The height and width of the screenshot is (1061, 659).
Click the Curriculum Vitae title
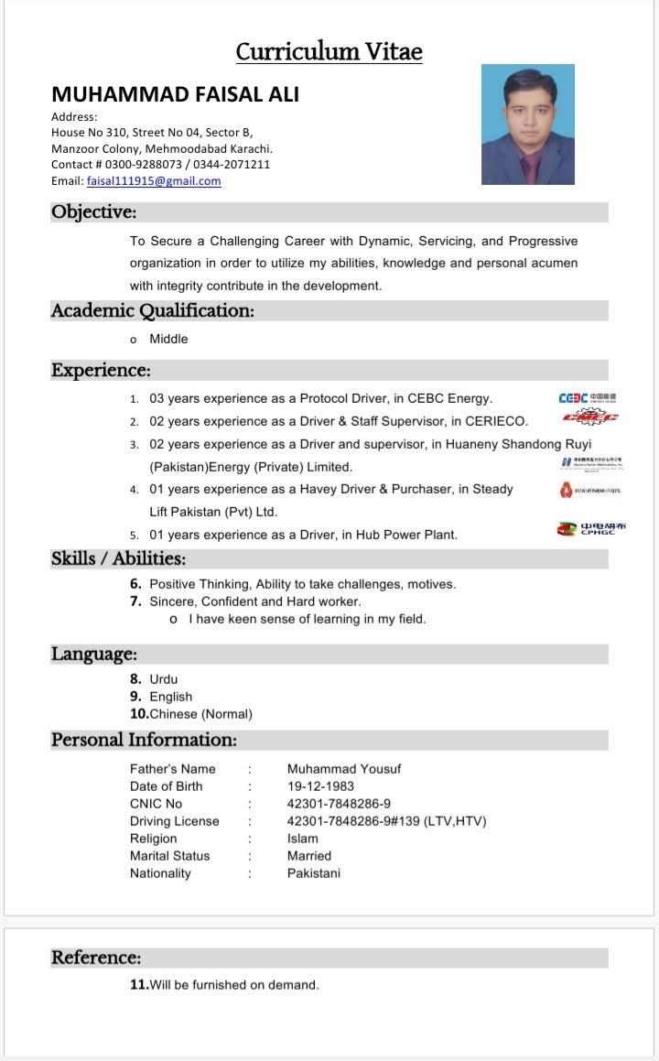tap(329, 51)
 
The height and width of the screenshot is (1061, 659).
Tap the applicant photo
tap(528, 125)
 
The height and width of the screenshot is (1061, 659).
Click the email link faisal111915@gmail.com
tap(154, 181)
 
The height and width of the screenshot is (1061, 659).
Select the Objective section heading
tap(93, 212)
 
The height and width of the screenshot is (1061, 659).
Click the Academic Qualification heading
tap(152, 310)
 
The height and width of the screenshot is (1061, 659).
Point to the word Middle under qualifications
tap(168, 339)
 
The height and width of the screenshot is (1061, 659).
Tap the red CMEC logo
tap(590, 417)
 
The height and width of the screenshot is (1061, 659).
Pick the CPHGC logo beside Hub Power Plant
tap(591, 529)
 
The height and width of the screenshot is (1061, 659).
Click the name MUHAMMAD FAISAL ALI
tap(175, 94)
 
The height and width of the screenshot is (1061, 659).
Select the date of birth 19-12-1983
tap(320, 786)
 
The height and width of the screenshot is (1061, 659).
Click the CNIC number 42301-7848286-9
tap(339, 804)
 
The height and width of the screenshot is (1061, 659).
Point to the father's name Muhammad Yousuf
tap(344, 769)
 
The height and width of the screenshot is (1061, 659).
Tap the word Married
tap(309, 856)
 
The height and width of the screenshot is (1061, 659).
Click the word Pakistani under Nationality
tap(313, 873)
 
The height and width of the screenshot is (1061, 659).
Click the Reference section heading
tap(96, 958)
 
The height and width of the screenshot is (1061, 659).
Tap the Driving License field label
tap(174, 821)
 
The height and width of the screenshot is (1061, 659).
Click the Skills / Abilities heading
tap(118, 558)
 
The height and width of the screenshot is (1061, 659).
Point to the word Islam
tap(303, 839)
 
